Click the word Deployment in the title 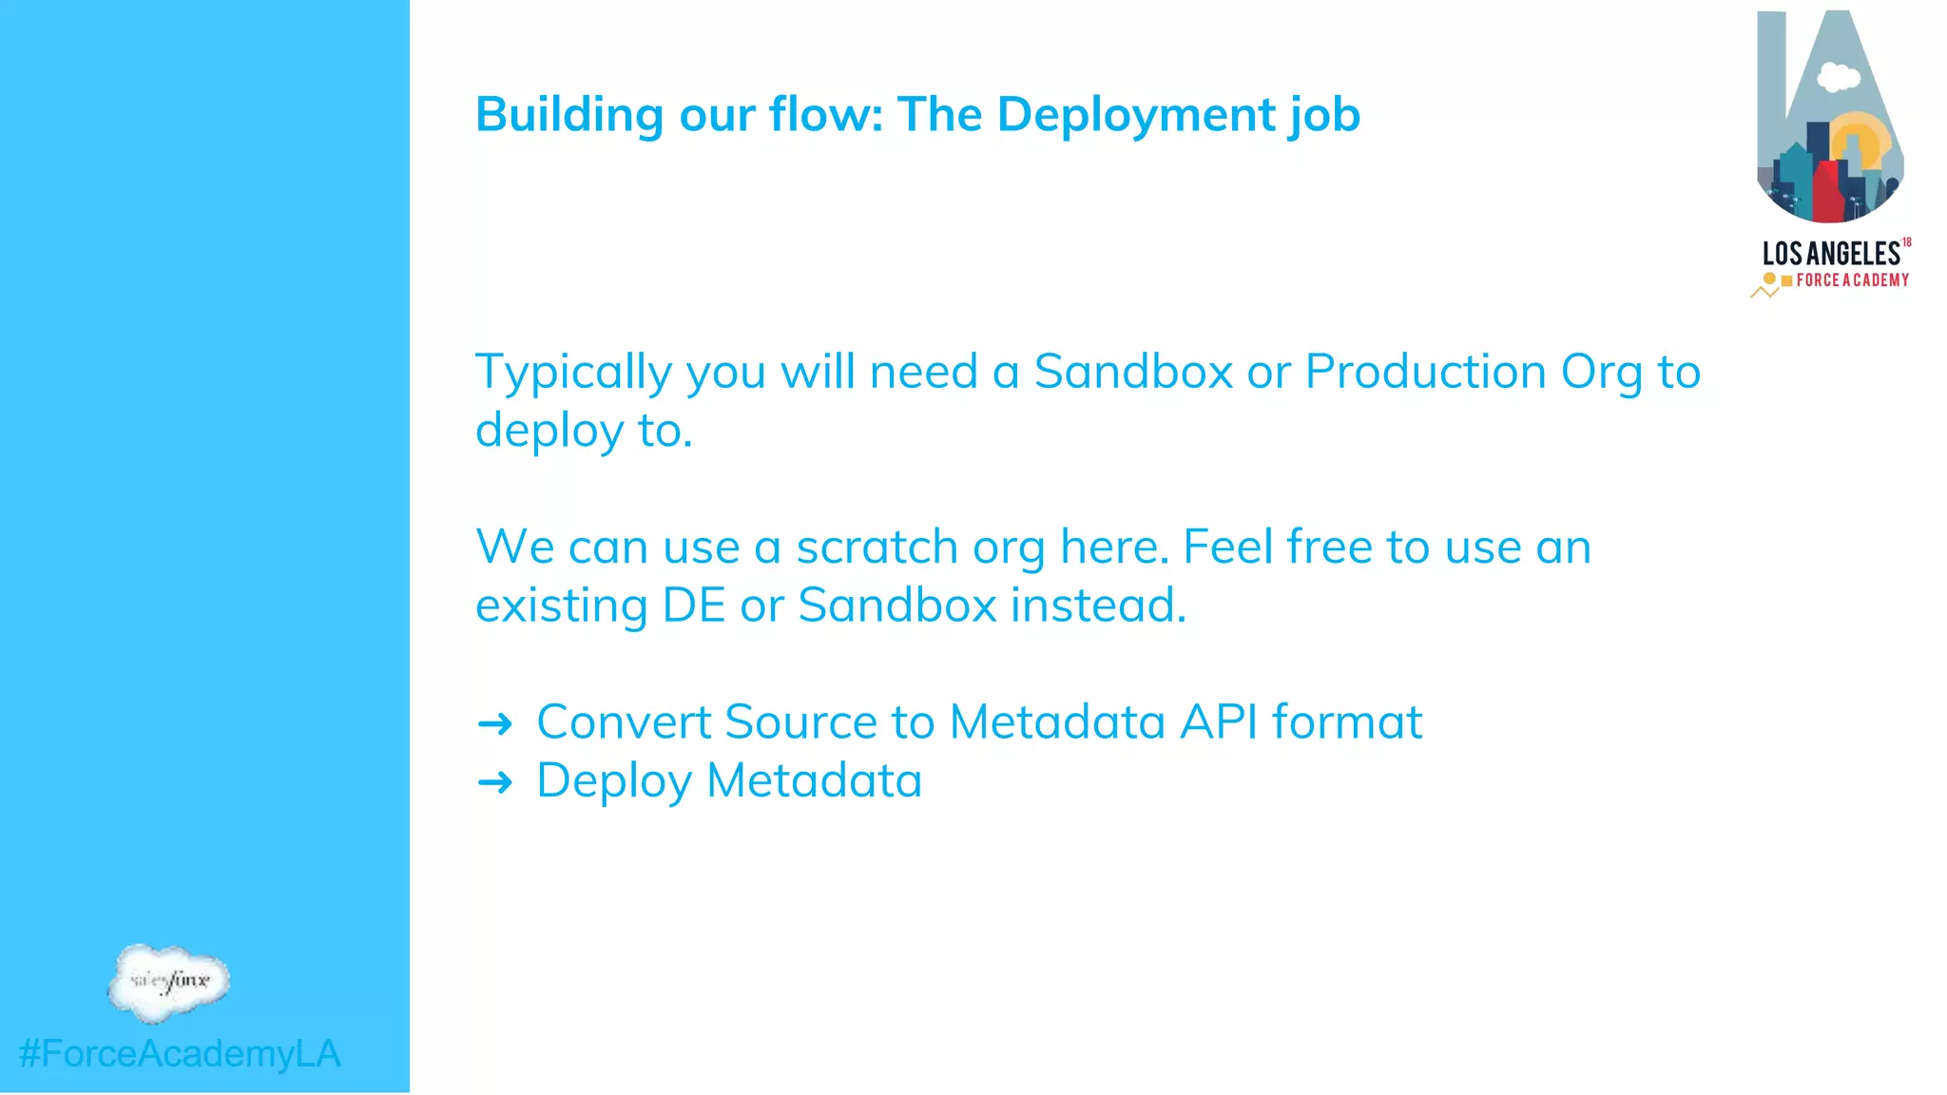click(x=1135, y=115)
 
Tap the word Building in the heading click(x=569, y=115)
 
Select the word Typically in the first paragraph click(x=572, y=372)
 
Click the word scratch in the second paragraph click(x=877, y=547)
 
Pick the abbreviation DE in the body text click(x=694, y=605)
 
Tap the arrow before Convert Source click(x=494, y=724)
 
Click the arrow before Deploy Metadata click(x=494, y=783)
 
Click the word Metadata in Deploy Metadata click(x=814, y=780)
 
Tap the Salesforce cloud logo click(x=169, y=982)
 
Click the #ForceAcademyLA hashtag click(x=180, y=1053)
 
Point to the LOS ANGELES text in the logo click(x=1830, y=254)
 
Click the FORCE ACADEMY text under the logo click(x=1851, y=280)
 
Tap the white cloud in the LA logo click(x=1838, y=76)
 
